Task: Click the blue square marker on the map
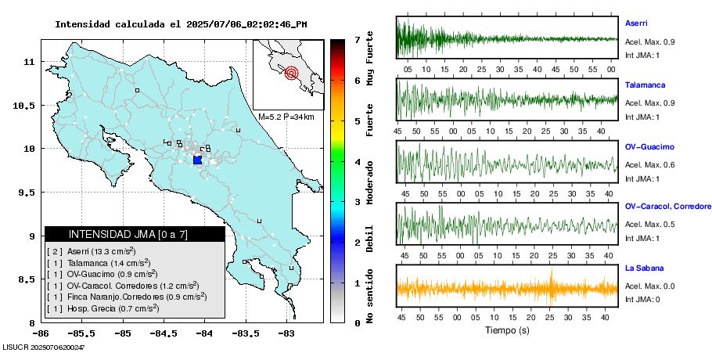click(197, 160)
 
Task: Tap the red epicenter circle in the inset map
click(291, 74)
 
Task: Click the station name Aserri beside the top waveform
click(636, 23)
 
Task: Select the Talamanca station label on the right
click(644, 84)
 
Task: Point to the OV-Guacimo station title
click(649, 146)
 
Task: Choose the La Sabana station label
click(644, 268)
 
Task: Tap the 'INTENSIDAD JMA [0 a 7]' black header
click(135, 234)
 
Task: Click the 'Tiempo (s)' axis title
click(506, 331)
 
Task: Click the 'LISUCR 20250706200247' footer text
click(44, 346)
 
